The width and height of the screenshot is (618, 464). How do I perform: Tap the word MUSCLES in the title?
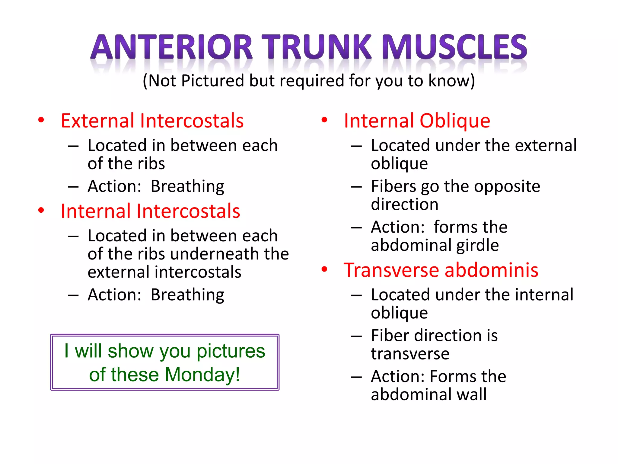[x=454, y=47]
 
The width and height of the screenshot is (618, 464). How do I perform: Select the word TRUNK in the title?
[x=316, y=47]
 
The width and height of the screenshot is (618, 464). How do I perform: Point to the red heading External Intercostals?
[x=152, y=121]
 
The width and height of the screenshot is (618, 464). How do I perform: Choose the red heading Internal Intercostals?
[x=150, y=211]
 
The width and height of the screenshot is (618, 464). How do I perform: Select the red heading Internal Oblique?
[x=417, y=121]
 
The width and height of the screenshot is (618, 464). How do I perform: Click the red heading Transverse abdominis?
[x=441, y=270]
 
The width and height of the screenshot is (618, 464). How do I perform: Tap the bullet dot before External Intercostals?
[x=41, y=120]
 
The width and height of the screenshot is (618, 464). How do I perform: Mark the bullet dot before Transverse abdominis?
[x=324, y=269]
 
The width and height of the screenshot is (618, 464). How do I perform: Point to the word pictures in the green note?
[x=231, y=351]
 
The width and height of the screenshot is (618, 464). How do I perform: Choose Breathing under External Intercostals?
[x=187, y=186]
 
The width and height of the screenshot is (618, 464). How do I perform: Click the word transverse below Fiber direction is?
[x=410, y=353]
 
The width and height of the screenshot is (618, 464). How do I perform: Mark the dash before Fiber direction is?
[x=356, y=336]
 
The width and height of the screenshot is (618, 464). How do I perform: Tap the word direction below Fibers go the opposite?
[x=405, y=204]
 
